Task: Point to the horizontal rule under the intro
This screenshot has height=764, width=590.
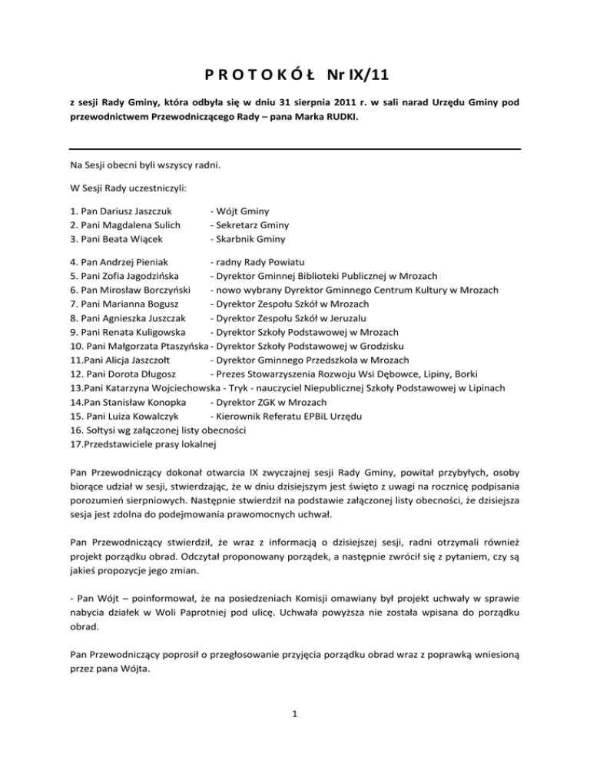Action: [295, 148]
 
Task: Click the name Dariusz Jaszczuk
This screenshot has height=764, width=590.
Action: [133, 211]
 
